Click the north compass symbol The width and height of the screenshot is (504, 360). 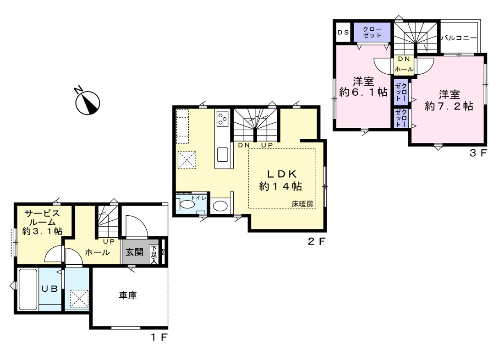pos(87,102)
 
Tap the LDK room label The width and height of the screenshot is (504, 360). pos(282,174)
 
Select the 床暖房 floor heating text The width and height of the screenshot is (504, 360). pos(302,204)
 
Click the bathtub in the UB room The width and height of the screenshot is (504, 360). pos(28,289)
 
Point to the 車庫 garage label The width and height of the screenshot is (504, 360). pos(128,295)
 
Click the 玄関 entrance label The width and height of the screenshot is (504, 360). pos(134,252)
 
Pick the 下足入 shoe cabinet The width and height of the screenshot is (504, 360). pos(154,255)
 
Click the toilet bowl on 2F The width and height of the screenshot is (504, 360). pos(186,205)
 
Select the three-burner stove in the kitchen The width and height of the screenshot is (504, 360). pos(222,118)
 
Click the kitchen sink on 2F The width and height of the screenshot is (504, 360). pos(222,154)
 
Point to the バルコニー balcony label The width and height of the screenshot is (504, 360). pos(459,38)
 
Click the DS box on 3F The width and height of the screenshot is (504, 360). pos(343,32)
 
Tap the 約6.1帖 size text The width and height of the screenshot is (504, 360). pos(363,92)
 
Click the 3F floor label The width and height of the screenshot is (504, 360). pos(479,153)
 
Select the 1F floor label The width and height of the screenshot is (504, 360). pos(159,338)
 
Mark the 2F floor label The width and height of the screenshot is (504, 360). pos(317,241)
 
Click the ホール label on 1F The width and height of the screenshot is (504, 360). pos(97,252)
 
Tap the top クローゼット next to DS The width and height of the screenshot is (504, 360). pos(372,32)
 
